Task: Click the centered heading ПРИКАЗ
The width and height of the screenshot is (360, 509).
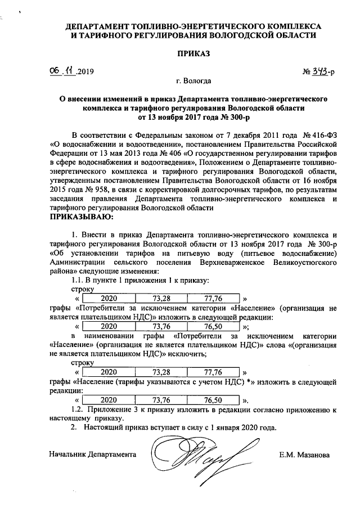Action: pos(193,54)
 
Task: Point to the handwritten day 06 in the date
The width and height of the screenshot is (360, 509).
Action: pos(55,71)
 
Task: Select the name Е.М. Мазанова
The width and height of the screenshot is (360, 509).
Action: pos(304,454)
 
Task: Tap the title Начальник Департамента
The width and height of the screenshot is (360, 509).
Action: pos(93,454)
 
